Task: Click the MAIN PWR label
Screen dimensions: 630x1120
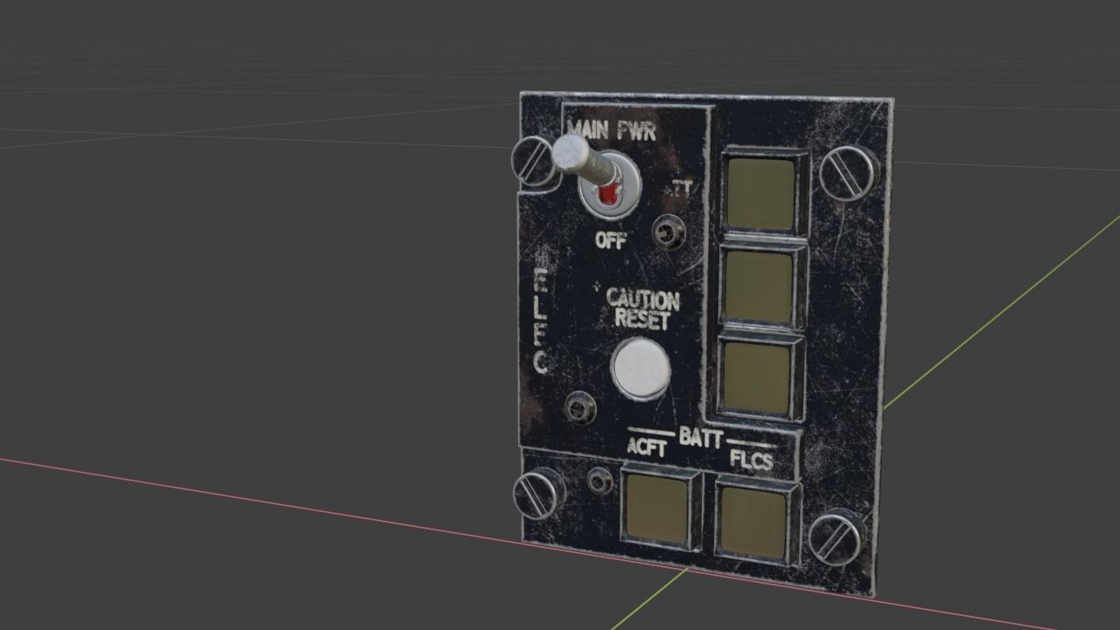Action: tap(611, 131)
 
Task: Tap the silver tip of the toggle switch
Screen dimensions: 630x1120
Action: tap(566, 154)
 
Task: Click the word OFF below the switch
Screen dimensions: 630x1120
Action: tap(610, 241)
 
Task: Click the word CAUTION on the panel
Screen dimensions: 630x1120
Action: tap(643, 299)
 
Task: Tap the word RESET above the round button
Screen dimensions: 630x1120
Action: tap(642, 319)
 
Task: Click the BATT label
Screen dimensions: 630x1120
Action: tap(700, 437)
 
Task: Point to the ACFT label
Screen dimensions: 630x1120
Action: tap(647, 448)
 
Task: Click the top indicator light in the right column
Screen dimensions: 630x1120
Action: tap(760, 193)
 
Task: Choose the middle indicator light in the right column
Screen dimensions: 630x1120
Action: tap(759, 286)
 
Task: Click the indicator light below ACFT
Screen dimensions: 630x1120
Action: tap(657, 508)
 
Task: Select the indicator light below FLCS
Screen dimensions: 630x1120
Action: tap(752, 520)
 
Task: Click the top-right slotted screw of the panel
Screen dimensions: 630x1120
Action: tap(847, 173)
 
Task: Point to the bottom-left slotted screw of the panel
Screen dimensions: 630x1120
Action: tap(539, 493)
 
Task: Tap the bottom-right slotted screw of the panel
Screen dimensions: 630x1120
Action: tap(836, 536)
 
